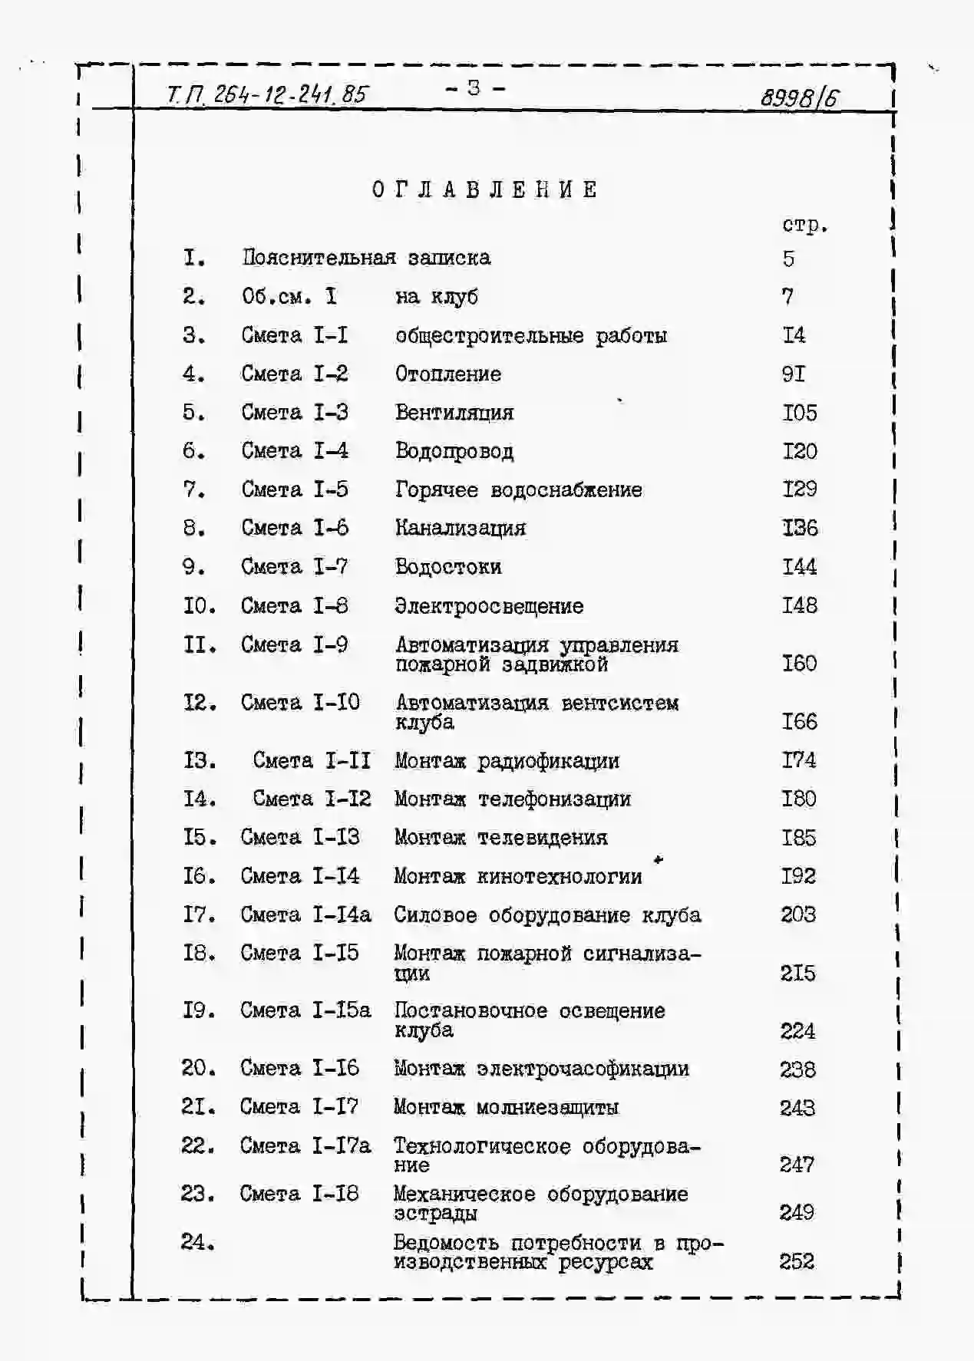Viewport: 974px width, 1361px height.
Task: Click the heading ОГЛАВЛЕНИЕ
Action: pos(485,189)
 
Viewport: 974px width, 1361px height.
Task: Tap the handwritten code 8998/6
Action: pos(799,97)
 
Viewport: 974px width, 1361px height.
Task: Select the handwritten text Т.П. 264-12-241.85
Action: pos(267,94)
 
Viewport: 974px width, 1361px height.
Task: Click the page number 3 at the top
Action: pos(474,88)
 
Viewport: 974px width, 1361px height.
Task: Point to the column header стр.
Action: pos(804,225)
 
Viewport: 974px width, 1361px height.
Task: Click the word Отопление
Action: pos(448,374)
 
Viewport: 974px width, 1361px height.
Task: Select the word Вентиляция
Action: pos(454,413)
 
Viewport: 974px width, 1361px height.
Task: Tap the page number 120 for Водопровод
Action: pos(800,451)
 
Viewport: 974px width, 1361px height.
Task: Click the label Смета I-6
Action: pos(295,528)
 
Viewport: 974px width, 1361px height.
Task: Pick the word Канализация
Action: pos(461,528)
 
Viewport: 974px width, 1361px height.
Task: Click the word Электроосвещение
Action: pos(489,606)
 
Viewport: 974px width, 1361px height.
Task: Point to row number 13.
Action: pos(199,760)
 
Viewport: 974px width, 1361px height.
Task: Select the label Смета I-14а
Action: pos(305,914)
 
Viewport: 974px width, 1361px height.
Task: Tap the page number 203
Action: pos(798,914)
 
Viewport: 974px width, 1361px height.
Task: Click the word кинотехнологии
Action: pos(560,876)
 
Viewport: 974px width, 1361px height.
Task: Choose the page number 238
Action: pos(797,1069)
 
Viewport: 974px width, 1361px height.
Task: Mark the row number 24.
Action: pos(197,1241)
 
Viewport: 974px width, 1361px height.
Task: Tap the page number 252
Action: pos(797,1261)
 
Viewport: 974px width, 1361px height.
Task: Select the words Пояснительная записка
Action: pos(366,258)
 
